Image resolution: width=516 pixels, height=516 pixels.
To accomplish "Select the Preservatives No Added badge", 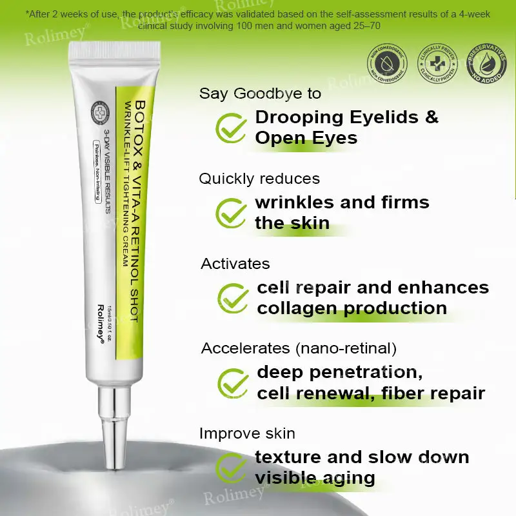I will click(x=477, y=63).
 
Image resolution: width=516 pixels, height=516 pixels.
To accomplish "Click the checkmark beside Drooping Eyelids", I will click(x=230, y=128).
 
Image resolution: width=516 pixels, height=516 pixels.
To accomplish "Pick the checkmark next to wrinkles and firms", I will click(x=230, y=213).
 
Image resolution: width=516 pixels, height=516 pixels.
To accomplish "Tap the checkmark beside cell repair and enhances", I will click(x=233, y=297).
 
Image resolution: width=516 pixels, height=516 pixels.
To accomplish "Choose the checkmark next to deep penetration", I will click(x=233, y=382).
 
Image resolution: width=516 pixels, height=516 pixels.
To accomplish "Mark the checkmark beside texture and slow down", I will click(x=231, y=468).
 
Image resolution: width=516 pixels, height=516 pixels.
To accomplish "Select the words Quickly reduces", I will click(x=259, y=179).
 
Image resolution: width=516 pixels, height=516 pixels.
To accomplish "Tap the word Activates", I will click(x=235, y=264).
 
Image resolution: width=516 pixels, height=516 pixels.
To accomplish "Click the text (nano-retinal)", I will click(x=345, y=348).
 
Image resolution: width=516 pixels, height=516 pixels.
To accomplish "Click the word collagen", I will click(x=297, y=308).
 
